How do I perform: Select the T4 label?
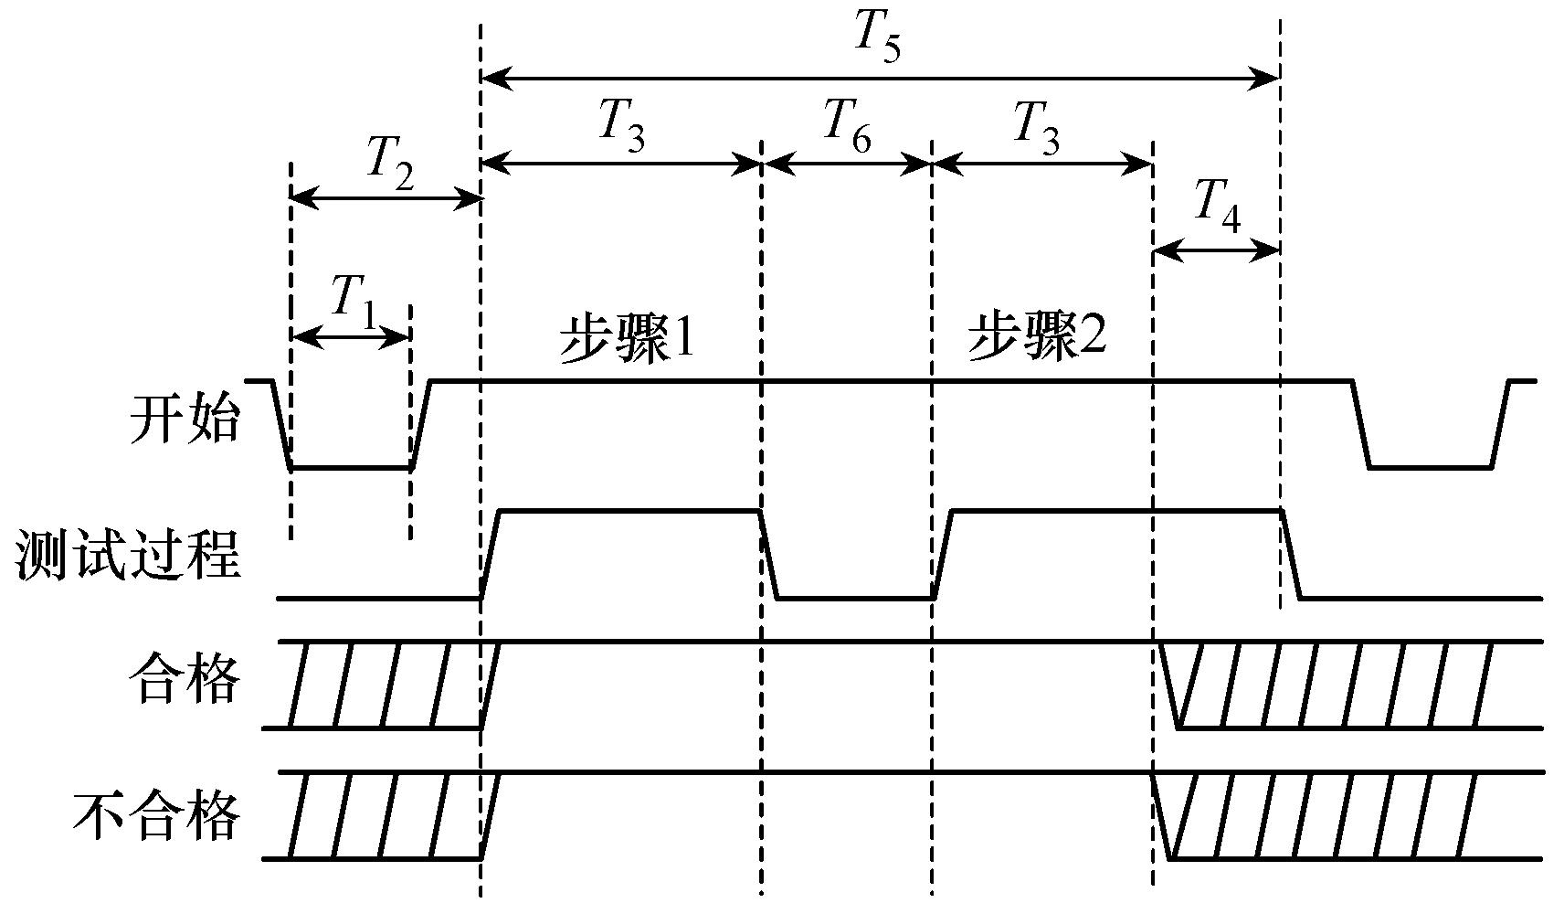(x=1218, y=207)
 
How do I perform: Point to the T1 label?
(x=354, y=302)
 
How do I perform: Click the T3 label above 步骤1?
(x=622, y=124)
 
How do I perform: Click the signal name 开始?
(x=185, y=420)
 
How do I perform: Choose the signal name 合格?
(x=185, y=681)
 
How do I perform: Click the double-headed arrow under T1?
(x=350, y=338)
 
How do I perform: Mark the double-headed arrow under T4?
(x=1216, y=250)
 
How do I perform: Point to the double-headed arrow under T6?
(x=847, y=165)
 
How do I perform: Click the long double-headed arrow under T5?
(x=880, y=80)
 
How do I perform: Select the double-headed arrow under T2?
(x=386, y=197)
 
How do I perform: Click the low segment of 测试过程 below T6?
(x=854, y=599)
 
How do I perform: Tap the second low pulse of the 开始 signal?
(x=1430, y=467)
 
